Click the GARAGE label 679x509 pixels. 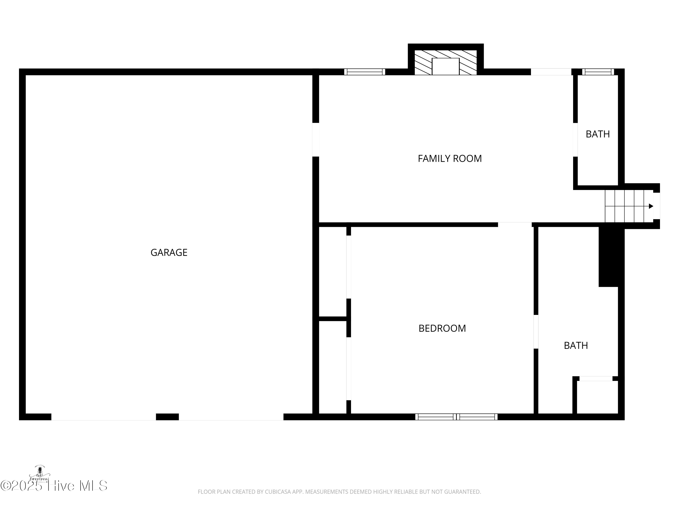point(169,252)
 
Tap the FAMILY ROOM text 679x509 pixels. point(450,159)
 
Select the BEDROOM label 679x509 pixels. point(442,328)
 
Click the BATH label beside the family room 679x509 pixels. point(597,134)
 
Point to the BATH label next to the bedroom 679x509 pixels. point(576,345)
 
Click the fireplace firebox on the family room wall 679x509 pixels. point(445,66)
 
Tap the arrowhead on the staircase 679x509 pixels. point(651,206)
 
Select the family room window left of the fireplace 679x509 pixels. point(364,72)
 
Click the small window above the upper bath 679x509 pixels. point(598,72)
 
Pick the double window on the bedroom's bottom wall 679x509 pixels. point(456,417)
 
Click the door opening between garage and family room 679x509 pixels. point(316,140)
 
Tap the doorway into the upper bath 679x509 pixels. point(575,140)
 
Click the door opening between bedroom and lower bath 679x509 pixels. point(536,332)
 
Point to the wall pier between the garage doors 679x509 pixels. point(167,417)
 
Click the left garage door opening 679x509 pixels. point(103,417)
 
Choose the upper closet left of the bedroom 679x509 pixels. point(332,271)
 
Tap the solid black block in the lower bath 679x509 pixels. point(611,256)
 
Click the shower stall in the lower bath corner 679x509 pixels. point(597,397)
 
